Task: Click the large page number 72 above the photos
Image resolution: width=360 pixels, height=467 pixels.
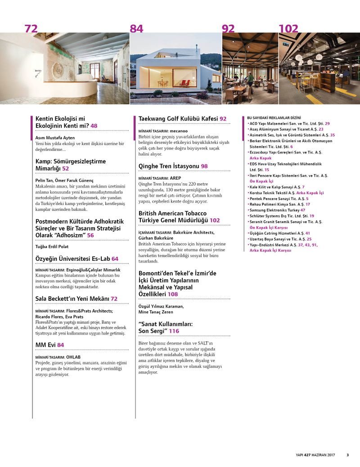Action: (x=31, y=29)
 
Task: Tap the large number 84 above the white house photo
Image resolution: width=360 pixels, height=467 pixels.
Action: (x=136, y=29)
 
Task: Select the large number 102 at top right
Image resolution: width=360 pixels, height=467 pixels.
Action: (x=288, y=29)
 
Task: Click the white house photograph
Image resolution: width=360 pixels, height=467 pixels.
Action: (x=175, y=68)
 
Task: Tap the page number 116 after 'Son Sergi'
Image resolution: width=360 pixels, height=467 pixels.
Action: (x=174, y=331)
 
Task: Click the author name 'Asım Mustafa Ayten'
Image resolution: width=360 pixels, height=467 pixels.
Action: (x=54, y=137)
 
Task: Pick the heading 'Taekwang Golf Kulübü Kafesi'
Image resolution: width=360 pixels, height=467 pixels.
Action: (x=178, y=118)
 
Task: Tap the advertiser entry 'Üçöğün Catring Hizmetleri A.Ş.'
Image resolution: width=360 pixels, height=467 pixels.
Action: (x=276, y=233)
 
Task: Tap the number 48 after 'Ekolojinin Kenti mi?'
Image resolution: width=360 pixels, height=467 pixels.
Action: (x=94, y=126)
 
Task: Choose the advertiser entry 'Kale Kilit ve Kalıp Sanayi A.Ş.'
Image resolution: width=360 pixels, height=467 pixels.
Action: (x=275, y=186)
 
